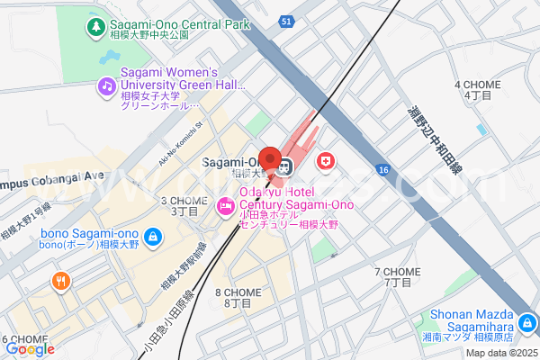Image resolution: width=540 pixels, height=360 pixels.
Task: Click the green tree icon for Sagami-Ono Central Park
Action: point(95,28)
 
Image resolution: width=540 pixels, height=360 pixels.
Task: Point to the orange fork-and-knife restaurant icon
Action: point(61,281)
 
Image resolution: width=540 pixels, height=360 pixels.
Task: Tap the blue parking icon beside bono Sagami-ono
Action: point(153,237)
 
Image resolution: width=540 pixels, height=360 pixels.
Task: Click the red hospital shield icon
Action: point(325,162)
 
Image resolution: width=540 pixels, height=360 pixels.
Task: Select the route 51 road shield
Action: point(285,21)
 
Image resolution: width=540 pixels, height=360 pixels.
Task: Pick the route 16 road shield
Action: point(383,169)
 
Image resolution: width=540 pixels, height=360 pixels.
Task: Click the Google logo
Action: point(29,349)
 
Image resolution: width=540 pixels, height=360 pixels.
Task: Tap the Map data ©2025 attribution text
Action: point(500,352)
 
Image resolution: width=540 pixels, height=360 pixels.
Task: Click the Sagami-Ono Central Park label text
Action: point(179,24)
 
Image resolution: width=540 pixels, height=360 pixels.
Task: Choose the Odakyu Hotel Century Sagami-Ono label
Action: point(297,199)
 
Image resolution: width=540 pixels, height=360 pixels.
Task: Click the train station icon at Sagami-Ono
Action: point(284,165)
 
